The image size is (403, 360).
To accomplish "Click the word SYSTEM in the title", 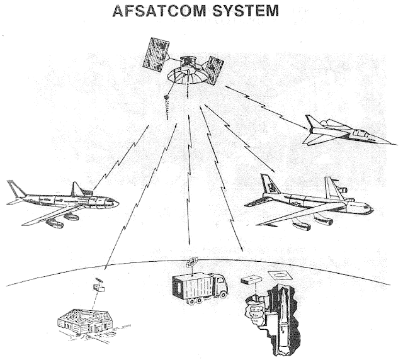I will [247, 13].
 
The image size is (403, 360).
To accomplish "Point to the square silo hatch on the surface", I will [276, 275].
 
